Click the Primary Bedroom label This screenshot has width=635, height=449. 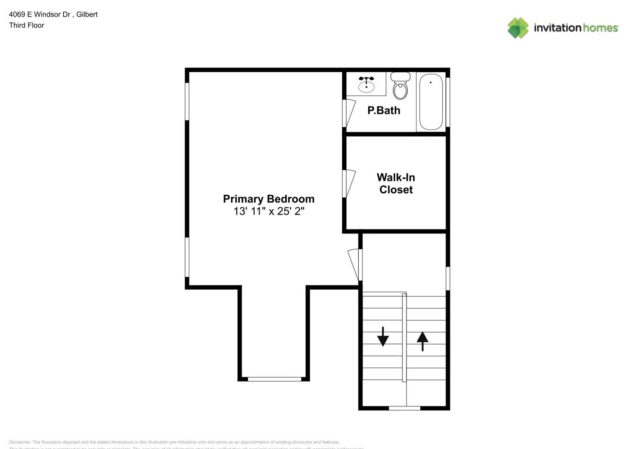269,199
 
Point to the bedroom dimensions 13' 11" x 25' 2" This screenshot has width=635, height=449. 269,211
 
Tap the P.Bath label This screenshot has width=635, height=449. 384,110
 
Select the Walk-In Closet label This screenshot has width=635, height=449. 396,184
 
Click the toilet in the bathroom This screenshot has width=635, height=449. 400,86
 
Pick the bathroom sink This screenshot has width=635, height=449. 366,84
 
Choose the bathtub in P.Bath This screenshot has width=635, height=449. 431,102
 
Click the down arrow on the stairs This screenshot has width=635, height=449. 383,336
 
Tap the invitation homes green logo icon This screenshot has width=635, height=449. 518,28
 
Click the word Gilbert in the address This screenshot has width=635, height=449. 87,14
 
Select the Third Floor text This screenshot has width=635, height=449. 26,25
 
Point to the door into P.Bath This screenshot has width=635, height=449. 349,113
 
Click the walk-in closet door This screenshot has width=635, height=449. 349,183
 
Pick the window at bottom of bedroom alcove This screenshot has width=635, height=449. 274,379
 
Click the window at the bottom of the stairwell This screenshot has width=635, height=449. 404,408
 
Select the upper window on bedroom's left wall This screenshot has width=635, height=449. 187,101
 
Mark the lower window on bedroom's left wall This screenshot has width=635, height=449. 187,257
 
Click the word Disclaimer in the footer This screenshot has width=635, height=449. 20,442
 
